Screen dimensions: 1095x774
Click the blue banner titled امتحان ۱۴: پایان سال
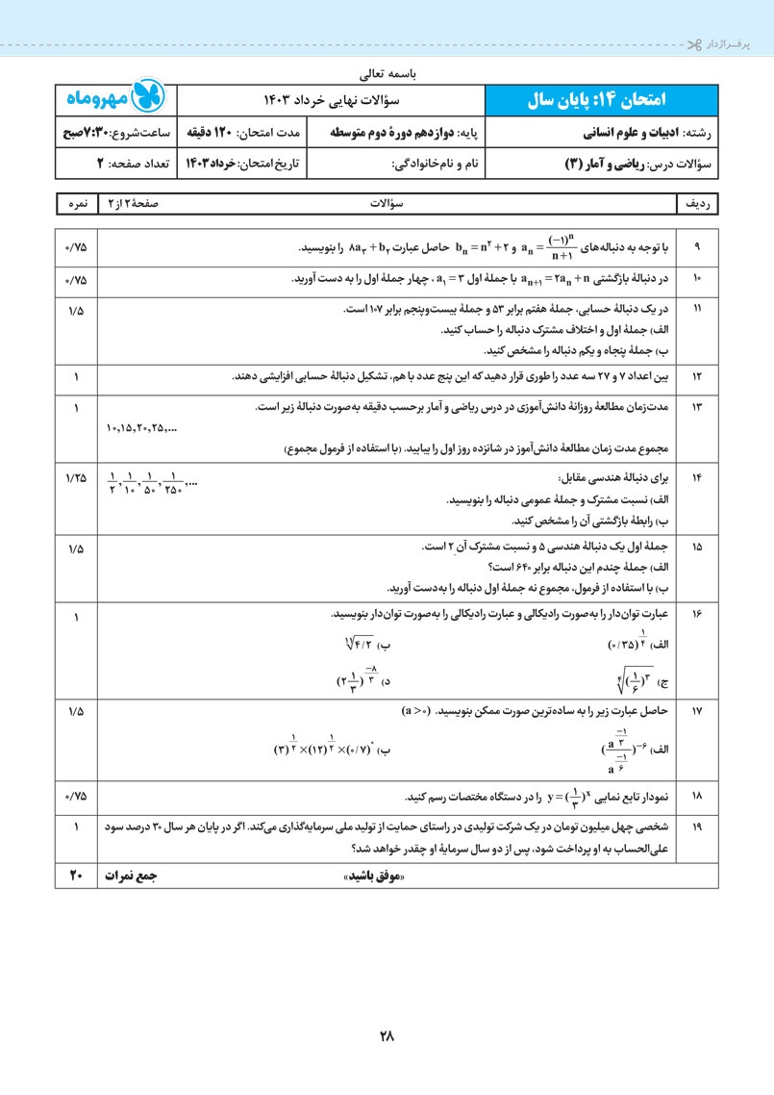(x=602, y=100)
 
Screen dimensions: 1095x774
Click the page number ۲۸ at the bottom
(x=387, y=1036)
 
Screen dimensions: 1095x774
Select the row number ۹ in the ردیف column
(x=696, y=246)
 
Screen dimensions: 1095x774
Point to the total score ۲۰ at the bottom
(x=76, y=875)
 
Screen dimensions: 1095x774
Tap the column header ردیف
(x=697, y=205)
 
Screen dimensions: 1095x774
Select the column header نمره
(x=76, y=205)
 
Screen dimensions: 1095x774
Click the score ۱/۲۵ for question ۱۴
(x=76, y=477)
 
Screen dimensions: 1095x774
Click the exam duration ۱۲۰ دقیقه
(x=241, y=133)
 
